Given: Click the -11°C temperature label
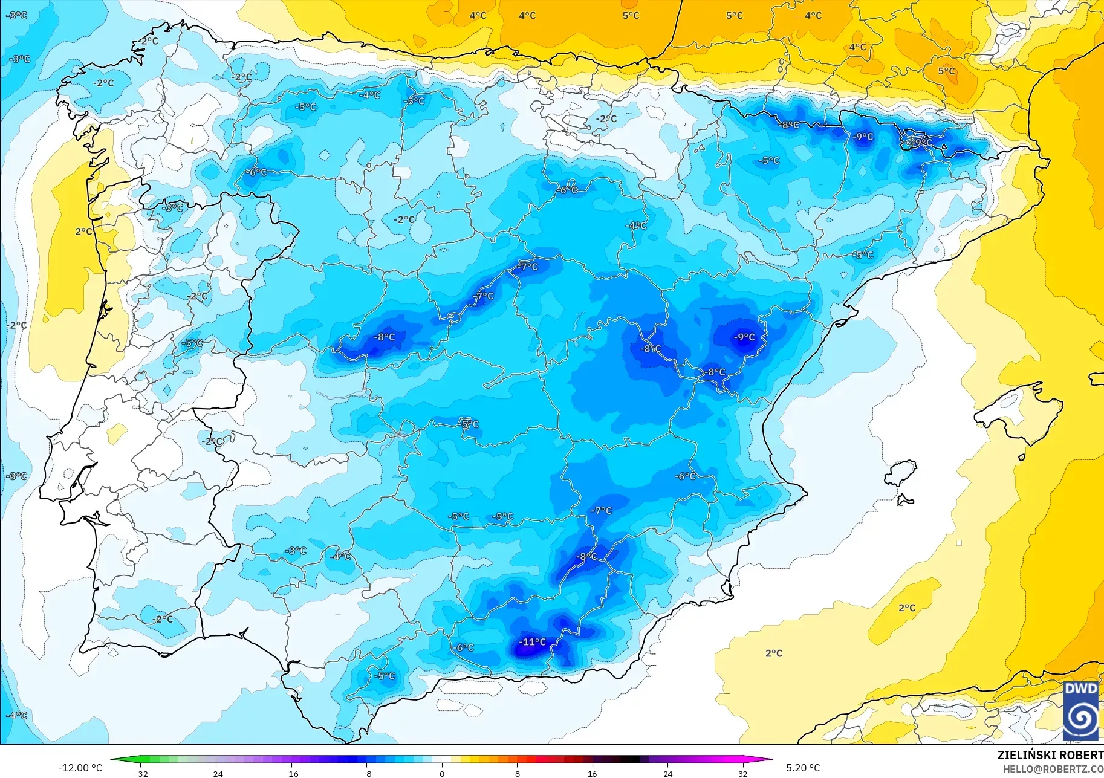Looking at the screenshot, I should click(x=533, y=642).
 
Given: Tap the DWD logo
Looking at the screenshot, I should click(x=1081, y=712).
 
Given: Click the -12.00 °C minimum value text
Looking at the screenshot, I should click(x=80, y=768).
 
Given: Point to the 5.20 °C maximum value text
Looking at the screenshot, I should click(x=803, y=768).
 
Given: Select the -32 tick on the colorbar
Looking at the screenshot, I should click(x=141, y=773).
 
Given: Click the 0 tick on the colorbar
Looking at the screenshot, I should click(x=442, y=773).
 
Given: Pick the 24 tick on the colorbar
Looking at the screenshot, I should click(x=667, y=773).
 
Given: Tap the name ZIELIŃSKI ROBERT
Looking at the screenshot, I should click(x=1050, y=755).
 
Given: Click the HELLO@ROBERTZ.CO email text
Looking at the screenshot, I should click(x=1053, y=770).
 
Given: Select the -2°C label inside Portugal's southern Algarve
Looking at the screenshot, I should click(x=162, y=619).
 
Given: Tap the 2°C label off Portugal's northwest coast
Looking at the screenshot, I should click(x=83, y=232).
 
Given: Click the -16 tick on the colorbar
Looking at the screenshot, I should click(x=291, y=773).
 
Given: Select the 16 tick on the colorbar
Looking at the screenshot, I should click(x=592, y=773).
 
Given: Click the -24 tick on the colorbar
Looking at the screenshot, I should click(x=216, y=773).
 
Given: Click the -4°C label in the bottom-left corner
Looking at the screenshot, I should click(x=17, y=715).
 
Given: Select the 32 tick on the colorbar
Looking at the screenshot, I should click(x=742, y=773).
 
